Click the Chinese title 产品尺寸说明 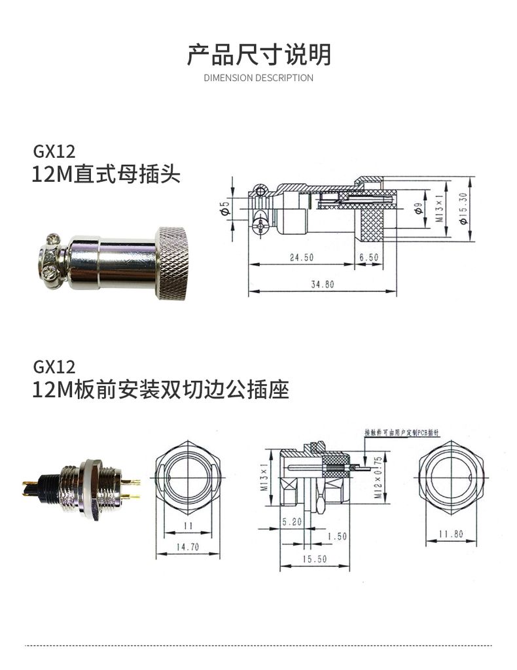coord(258,55)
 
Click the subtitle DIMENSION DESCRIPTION coord(258,78)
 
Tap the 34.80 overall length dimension coord(321,285)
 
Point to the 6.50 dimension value coord(368,258)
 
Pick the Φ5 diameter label coord(225,209)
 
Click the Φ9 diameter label coord(418,209)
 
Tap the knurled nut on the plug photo coord(171,262)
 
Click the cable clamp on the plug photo coord(52,263)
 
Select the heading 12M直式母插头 coord(106,175)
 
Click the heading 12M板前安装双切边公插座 coord(160,391)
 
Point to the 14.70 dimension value coord(187,547)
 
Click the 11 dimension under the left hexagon coord(187,526)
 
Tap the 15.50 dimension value coord(314,559)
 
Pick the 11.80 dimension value coord(450,534)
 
